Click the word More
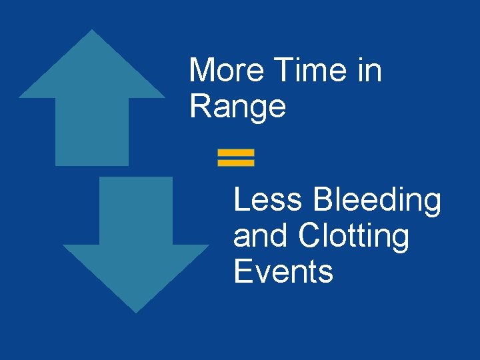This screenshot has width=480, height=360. tap(227, 70)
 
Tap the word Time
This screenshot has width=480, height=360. tap(311, 70)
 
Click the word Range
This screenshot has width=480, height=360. tap(237, 107)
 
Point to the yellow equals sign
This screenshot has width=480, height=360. tap(236, 157)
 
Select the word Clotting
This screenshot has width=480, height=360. tap(353, 237)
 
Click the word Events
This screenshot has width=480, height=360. tap(283, 272)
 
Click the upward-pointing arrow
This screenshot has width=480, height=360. tap(92, 93)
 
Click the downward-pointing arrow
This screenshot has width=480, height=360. tap(136, 247)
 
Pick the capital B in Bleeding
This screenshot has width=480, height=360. tap(323, 199)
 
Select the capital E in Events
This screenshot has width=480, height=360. tap(242, 272)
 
